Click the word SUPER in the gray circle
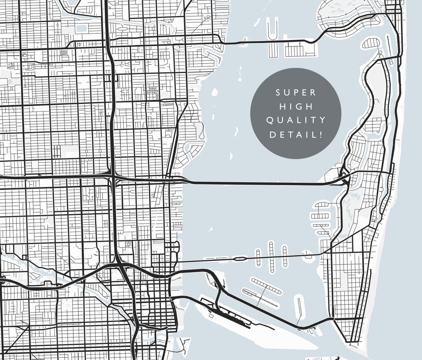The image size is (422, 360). tap(296, 93)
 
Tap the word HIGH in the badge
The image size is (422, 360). tap(296, 107)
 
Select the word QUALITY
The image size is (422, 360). tap(296, 120)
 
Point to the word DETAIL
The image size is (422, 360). tap(293, 134)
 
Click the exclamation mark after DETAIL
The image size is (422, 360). tap(321, 134)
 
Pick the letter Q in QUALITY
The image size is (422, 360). tap(270, 120)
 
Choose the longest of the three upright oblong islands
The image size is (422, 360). tap(271, 257)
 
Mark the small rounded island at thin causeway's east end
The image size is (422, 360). tap(307, 255)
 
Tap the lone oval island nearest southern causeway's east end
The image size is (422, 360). tap(299, 306)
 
